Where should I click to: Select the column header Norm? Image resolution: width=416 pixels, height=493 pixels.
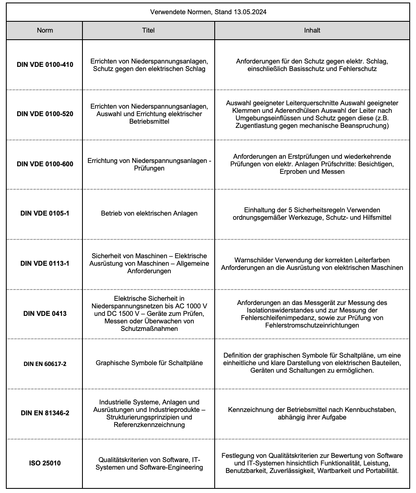pyautogui.click(x=45, y=30)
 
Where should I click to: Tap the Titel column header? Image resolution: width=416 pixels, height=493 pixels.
pyautogui.click(x=149, y=30)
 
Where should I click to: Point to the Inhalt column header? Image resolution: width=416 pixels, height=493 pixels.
pyautogui.click(x=312, y=30)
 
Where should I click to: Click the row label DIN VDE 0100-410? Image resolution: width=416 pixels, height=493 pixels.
pyautogui.click(x=45, y=65)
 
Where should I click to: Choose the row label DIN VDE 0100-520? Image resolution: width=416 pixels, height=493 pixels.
pyautogui.click(x=45, y=114)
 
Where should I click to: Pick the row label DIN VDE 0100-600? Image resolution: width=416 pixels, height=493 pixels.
pyautogui.click(x=45, y=164)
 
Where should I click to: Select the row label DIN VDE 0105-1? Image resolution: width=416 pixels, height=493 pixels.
pyautogui.click(x=45, y=213)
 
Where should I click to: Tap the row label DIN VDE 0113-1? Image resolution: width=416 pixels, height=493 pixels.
pyautogui.click(x=45, y=263)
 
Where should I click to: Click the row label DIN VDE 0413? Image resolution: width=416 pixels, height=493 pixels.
pyautogui.click(x=45, y=313)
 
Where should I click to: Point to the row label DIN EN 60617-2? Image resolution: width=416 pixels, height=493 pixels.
pyautogui.click(x=45, y=364)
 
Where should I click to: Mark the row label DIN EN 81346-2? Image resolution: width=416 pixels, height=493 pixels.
pyautogui.click(x=45, y=413)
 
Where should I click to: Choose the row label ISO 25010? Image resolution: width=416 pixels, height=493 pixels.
pyautogui.click(x=45, y=463)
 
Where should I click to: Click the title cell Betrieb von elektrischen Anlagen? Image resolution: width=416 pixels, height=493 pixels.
pyautogui.click(x=149, y=213)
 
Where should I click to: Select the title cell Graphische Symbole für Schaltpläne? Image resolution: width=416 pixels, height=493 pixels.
pyautogui.click(x=149, y=363)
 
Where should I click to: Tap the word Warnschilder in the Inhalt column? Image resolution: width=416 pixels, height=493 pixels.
pyautogui.click(x=254, y=260)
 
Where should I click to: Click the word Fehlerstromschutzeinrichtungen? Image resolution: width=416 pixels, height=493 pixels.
pyautogui.click(x=312, y=325)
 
